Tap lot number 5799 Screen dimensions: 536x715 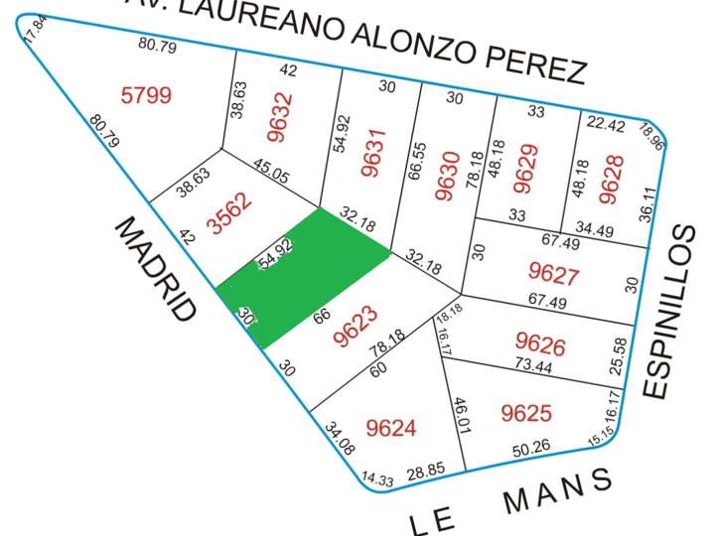[146, 96]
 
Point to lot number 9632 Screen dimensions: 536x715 [280, 117]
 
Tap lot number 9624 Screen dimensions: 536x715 [391, 428]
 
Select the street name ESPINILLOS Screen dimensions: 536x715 [671, 312]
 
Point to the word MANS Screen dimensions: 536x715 [558, 492]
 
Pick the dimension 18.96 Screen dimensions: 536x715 [651, 134]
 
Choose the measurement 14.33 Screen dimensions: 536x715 [377, 479]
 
